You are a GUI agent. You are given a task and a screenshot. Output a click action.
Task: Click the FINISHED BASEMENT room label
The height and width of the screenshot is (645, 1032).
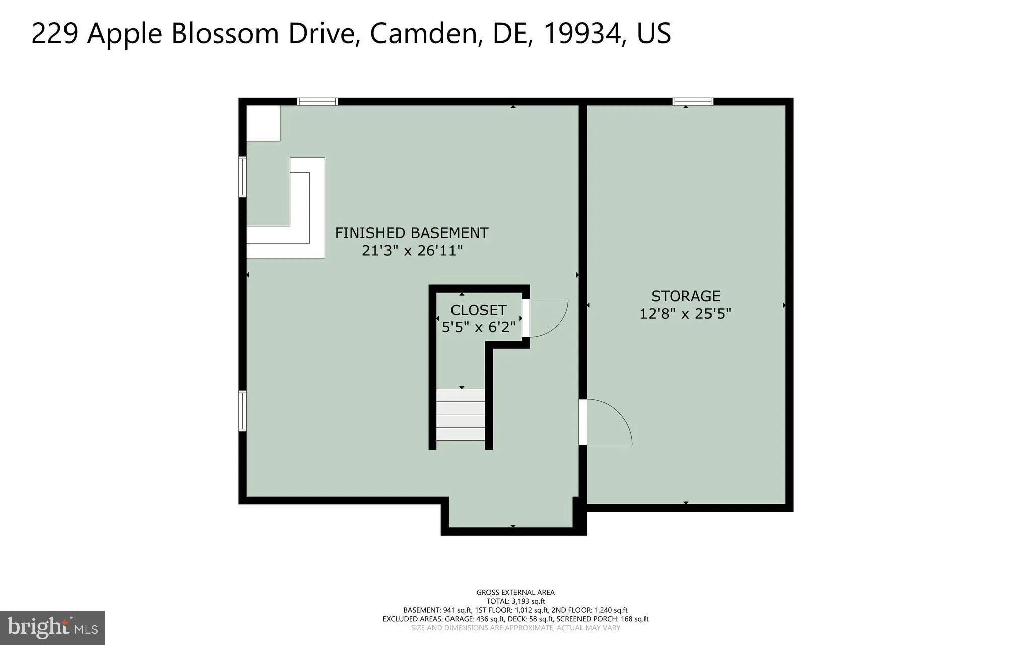click(x=411, y=233)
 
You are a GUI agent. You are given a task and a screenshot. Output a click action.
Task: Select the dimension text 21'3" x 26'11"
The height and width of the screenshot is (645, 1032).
click(x=412, y=250)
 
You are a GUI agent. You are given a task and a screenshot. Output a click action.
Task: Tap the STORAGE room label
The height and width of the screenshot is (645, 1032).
click(x=685, y=296)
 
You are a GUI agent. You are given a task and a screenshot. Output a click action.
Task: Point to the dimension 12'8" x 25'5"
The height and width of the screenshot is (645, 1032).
click(x=685, y=314)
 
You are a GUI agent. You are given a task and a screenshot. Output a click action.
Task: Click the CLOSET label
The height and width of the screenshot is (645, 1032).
click(x=478, y=310)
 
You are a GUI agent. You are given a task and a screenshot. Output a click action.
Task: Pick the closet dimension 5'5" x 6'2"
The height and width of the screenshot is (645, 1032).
click(x=478, y=327)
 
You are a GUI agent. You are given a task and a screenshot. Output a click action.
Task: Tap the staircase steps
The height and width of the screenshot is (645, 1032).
click(x=461, y=415)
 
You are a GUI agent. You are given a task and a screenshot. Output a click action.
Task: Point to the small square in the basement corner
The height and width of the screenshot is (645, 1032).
click(x=263, y=123)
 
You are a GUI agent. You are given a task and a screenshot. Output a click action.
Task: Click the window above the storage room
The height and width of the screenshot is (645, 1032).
click(x=692, y=102)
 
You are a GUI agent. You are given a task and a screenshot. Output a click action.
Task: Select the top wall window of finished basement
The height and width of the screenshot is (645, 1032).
click(x=317, y=102)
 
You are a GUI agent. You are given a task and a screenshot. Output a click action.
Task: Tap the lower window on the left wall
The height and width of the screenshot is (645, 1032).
click(x=242, y=411)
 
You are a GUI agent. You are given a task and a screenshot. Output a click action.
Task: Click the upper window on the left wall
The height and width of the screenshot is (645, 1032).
click(x=242, y=177)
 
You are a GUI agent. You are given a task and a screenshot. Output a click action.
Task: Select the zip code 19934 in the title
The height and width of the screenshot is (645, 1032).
click(x=583, y=33)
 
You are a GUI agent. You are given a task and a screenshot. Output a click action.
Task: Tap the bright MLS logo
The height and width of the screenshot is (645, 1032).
click(x=52, y=628)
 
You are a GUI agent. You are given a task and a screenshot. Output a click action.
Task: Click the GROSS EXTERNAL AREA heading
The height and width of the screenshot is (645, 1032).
click(x=515, y=592)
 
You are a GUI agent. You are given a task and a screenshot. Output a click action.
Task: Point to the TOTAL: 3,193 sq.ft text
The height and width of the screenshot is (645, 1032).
click(x=515, y=601)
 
